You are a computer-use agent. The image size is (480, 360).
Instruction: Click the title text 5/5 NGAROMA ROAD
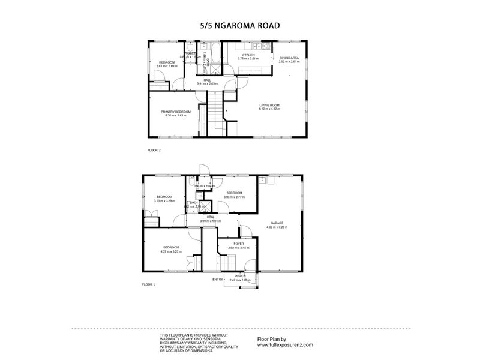(x=239, y=26)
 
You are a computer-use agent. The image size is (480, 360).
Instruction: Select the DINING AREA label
(x=289, y=58)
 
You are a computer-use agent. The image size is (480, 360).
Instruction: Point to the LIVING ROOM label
(x=269, y=105)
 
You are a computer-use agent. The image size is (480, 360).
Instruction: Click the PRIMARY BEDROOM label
(x=175, y=112)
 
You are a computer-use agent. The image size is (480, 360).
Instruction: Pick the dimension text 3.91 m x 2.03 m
(x=206, y=84)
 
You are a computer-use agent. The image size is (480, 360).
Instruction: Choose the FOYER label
(x=238, y=244)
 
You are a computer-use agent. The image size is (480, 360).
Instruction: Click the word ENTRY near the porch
(x=217, y=279)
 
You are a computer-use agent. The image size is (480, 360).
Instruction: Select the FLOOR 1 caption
(x=148, y=284)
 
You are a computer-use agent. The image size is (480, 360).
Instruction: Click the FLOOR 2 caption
(x=154, y=150)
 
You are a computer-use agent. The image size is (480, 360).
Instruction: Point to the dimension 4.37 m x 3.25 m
(x=171, y=251)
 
